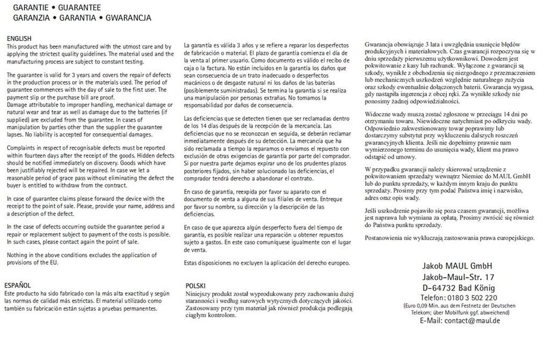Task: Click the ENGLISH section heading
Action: (x=19, y=39)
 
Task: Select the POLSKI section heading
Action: (x=196, y=285)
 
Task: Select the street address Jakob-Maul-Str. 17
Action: (x=458, y=277)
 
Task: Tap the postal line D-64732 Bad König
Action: (x=458, y=287)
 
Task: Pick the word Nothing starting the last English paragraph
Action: (x=18, y=254)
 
